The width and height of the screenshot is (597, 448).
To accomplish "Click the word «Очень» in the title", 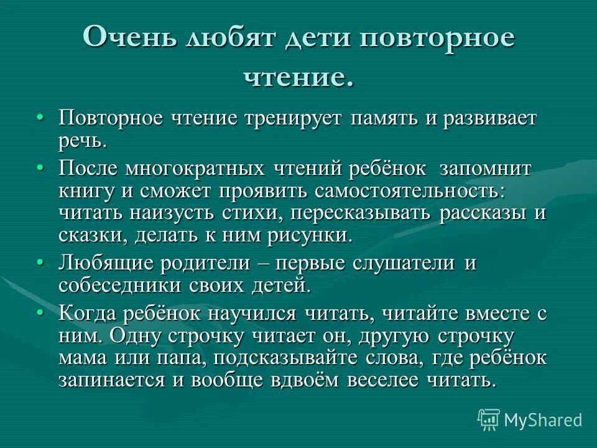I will click(127, 38).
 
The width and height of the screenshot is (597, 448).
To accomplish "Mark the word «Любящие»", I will click(106, 264).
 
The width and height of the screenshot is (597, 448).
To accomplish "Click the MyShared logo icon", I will click(489, 420).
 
